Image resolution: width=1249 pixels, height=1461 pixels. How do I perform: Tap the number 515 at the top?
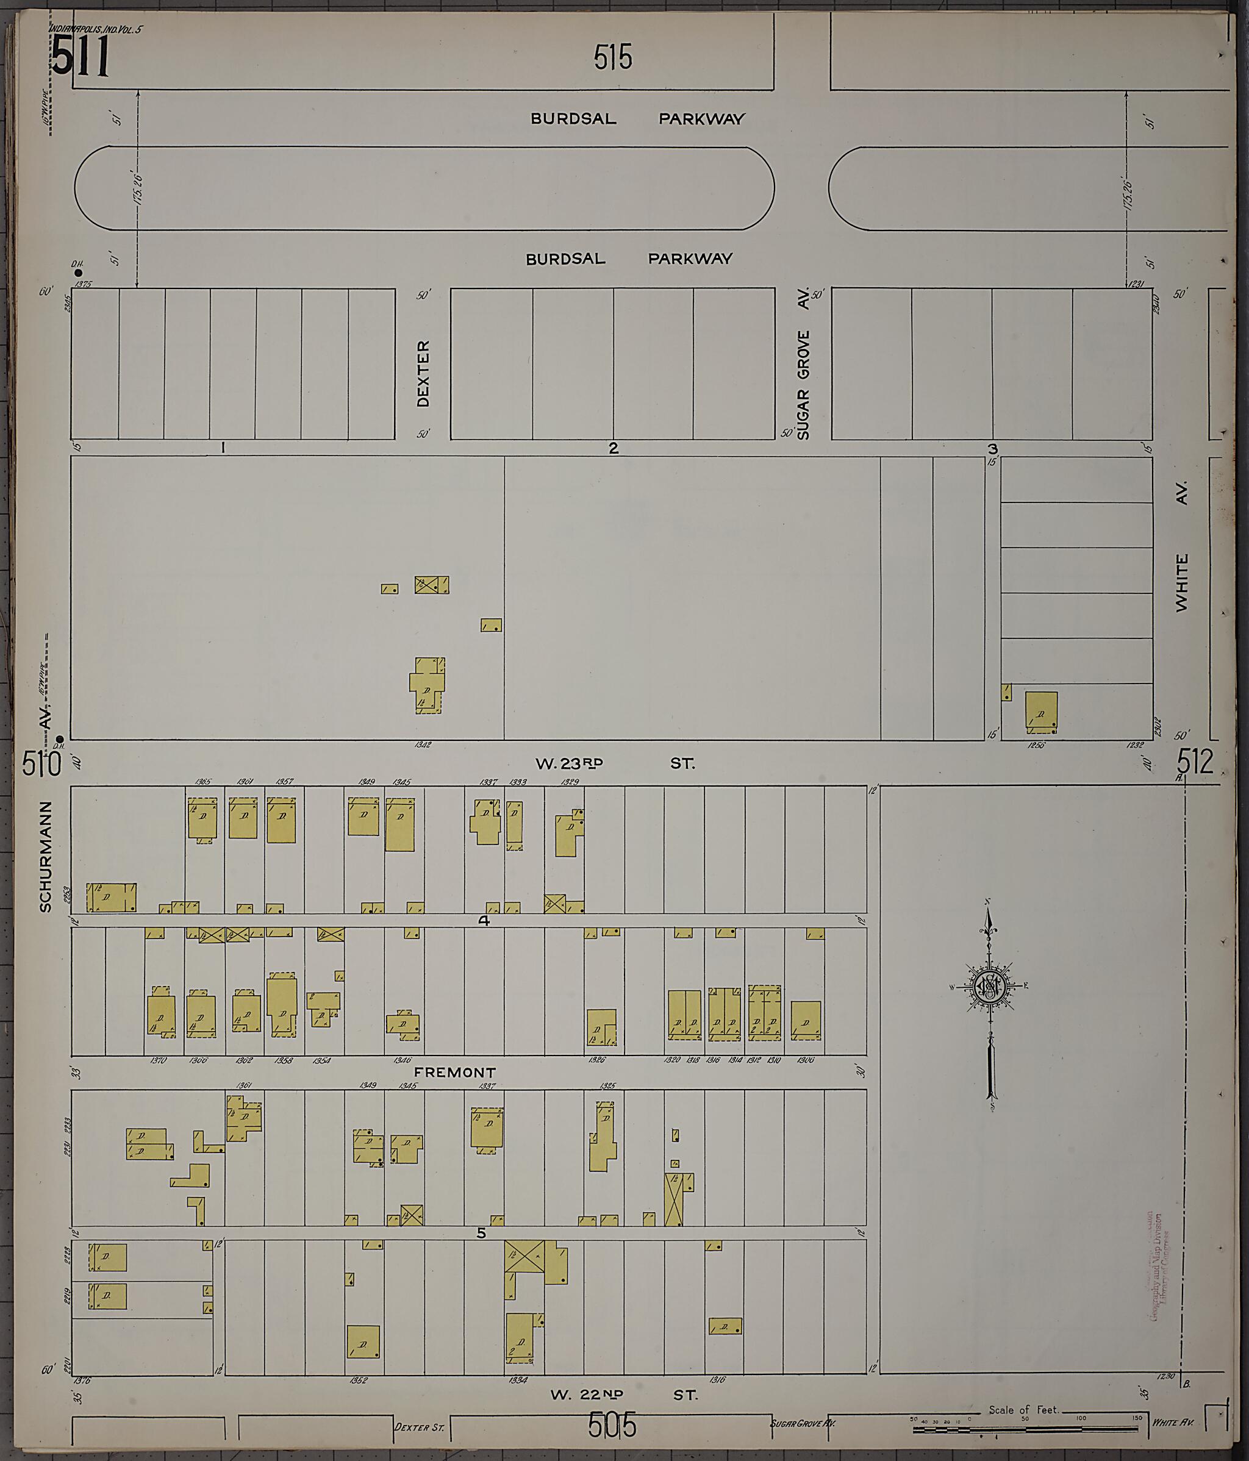tap(612, 58)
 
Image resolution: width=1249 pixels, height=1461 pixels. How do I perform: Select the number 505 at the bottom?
tap(612, 1425)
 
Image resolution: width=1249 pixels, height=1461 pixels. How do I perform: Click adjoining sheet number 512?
tap(1195, 762)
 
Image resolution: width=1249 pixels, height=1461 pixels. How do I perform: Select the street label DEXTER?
tap(423, 373)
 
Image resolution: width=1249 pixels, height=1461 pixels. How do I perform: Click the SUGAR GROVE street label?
tap(803, 385)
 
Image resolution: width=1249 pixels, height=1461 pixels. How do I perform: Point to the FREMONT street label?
tap(455, 1073)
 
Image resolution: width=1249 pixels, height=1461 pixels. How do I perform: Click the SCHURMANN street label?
tap(46, 856)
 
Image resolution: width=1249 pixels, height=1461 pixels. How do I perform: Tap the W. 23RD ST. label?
tap(614, 763)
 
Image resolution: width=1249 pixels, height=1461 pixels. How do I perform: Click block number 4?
tap(484, 921)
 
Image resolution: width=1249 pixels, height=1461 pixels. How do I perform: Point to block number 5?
tap(481, 1233)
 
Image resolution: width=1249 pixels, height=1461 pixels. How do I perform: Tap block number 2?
tap(613, 448)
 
